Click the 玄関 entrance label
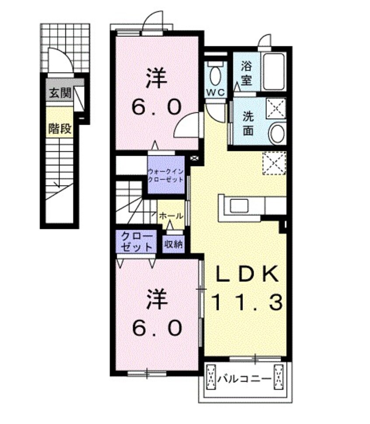click(60, 93)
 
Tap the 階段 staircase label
click(60, 129)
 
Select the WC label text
click(215, 92)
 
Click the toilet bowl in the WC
click(215, 75)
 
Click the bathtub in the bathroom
click(274, 71)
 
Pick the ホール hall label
click(171, 216)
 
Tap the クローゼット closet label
click(137, 241)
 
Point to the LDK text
click(246, 275)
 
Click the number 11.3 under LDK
click(246, 302)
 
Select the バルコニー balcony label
click(244, 376)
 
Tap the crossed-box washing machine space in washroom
click(276, 107)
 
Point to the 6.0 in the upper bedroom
click(156, 105)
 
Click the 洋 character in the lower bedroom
click(156, 299)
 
